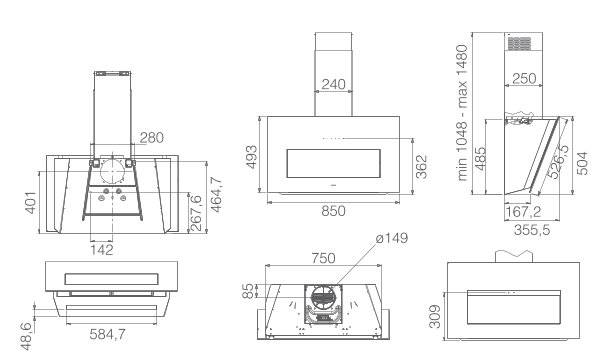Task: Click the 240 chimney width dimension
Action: click(x=333, y=84)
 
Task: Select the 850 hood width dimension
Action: click(x=333, y=211)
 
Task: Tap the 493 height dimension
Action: click(x=252, y=157)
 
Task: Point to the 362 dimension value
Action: click(x=422, y=167)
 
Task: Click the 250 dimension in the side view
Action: click(x=524, y=79)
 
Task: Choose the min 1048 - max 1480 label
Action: click(x=462, y=113)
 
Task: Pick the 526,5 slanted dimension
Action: click(x=559, y=161)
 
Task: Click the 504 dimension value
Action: click(x=583, y=163)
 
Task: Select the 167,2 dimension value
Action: click(x=524, y=212)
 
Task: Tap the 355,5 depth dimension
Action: click(x=532, y=230)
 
